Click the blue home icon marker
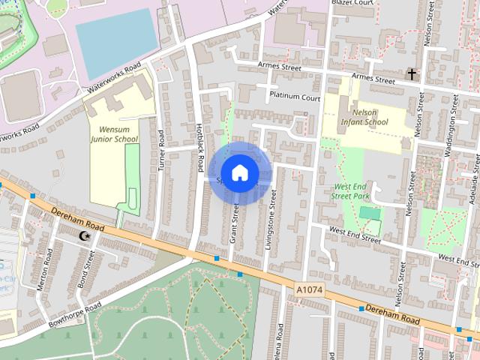point(238,172)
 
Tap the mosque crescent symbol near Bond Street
point(85,237)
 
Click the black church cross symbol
point(412,73)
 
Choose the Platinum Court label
point(295,97)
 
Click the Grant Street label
point(235,223)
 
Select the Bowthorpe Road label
point(72,316)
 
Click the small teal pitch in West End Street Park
point(369,213)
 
